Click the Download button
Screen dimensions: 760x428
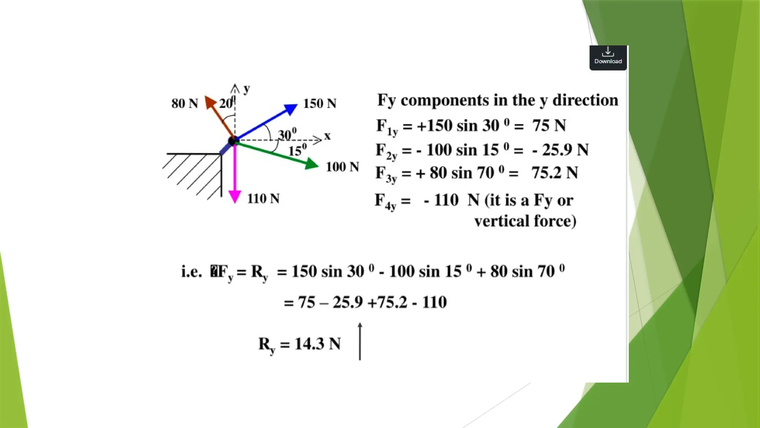(x=608, y=57)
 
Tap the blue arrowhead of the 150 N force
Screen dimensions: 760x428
(x=291, y=109)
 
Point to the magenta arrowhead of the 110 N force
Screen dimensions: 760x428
(x=235, y=196)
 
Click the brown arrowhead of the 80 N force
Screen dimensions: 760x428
(x=210, y=101)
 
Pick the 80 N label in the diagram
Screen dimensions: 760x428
(x=184, y=103)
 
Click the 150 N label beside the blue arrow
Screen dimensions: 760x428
(x=320, y=103)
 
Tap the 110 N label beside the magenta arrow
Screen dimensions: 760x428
(x=263, y=198)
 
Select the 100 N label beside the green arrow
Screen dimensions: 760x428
(x=342, y=167)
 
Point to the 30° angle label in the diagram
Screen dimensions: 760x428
(x=287, y=134)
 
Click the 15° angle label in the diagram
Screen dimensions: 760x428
(x=297, y=150)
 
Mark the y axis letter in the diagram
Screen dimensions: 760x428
(x=247, y=88)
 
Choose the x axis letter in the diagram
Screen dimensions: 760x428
(x=327, y=136)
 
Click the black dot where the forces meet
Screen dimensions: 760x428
(x=233, y=141)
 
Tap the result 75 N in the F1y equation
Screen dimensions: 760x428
(x=549, y=126)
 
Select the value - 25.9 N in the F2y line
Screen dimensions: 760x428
(x=560, y=150)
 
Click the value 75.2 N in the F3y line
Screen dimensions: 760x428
(x=554, y=173)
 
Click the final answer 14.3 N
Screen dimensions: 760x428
(x=317, y=344)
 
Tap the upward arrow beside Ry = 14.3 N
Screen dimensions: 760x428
(x=360, y=341)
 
